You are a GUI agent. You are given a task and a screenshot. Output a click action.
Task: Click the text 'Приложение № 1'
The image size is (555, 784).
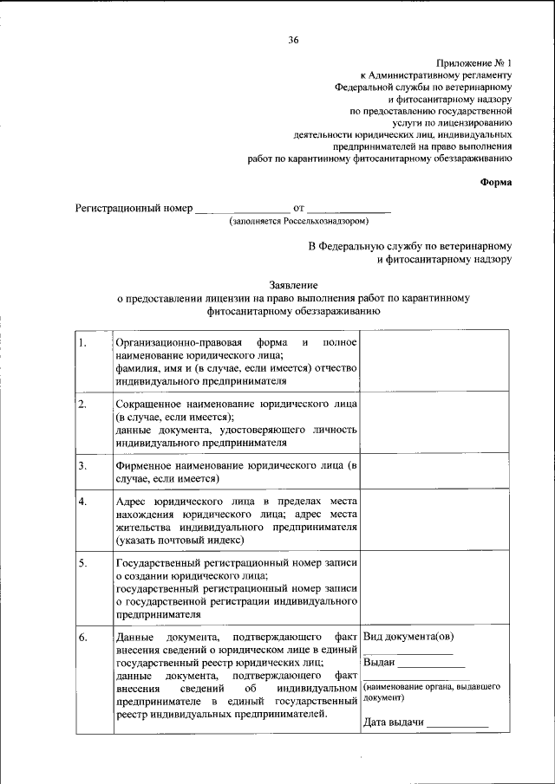(474, 63)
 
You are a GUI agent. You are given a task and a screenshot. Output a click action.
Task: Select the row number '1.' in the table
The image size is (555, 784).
(82, 342)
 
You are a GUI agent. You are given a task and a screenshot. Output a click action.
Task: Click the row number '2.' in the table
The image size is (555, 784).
(82, 405)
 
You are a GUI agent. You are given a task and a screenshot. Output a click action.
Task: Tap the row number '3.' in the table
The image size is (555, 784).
(82, 466)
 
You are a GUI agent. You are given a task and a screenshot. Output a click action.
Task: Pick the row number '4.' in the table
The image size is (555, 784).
(82, 502)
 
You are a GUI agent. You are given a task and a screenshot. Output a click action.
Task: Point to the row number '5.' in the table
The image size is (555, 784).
(82, 564)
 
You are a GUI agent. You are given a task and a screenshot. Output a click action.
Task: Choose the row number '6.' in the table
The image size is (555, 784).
(82, 638)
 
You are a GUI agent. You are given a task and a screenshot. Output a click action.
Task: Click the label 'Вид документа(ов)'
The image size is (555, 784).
(408, 638)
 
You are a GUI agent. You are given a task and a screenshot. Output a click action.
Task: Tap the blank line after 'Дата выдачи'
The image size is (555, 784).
(457, 723)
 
